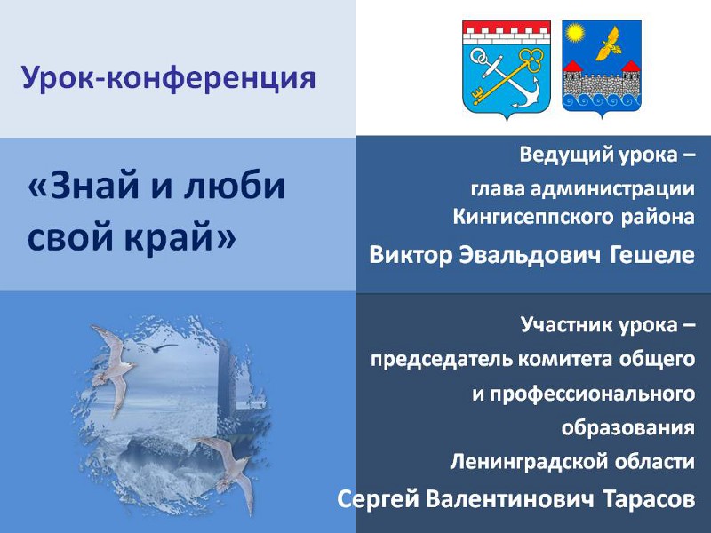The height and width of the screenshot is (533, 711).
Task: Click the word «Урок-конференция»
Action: coord(169,78)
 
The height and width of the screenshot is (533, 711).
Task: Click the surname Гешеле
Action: coord(652,255)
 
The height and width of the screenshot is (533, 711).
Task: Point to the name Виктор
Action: coord(411,255)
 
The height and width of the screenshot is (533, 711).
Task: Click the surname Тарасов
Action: coord(650,499)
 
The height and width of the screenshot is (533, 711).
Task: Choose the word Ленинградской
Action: coord(529,462)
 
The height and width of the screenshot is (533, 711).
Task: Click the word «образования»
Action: coord(627,427)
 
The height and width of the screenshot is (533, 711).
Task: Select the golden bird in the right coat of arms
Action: coord(610,44)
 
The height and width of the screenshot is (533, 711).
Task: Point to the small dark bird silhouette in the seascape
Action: coord(162,347)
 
